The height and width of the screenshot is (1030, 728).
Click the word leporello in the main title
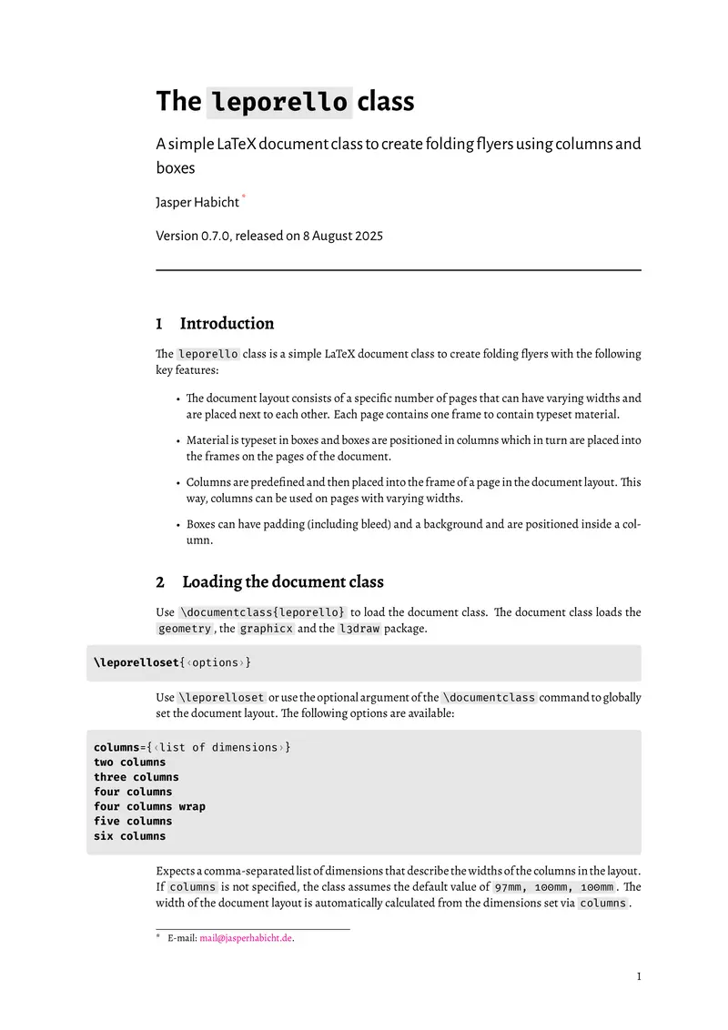278,101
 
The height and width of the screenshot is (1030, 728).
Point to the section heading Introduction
227,323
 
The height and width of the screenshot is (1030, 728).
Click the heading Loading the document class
283,581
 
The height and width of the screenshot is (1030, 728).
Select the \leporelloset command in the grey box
136,662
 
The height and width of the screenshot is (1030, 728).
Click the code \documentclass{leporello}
262,611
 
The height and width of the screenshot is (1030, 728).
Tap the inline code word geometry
184,628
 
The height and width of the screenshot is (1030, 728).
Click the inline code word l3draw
359,628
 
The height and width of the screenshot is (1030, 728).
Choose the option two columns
129,762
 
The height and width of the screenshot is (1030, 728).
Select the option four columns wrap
149,806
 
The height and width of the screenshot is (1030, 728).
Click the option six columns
129,835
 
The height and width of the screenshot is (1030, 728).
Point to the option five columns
133,821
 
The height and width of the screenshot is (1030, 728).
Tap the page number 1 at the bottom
638,977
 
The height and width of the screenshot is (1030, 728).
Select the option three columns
136,777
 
